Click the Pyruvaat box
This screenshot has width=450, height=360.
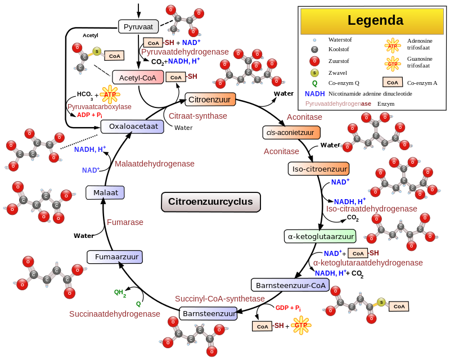point(138,26)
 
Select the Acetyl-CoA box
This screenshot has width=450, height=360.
point(138,78)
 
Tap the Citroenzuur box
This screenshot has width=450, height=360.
point(210,100)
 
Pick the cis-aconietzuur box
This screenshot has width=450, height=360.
point(291,132)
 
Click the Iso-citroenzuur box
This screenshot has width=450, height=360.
point(318,169)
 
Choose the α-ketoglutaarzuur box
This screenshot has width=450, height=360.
point(320,236)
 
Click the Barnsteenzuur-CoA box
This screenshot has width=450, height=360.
point(290,285)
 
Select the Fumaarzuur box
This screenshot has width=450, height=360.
point(115,256)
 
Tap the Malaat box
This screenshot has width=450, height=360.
point(105,192)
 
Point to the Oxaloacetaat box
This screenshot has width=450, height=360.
point(132,127)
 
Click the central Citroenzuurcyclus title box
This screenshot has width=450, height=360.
point(210,202)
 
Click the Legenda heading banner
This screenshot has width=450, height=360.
point(372,21)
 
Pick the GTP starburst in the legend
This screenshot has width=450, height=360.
point(392,64)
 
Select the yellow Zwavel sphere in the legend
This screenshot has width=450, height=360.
point(314,73)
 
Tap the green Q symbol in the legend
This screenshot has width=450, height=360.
point(315,83)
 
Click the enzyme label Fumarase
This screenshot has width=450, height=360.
point(125,222)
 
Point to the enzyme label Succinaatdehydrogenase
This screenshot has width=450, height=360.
point(115,314)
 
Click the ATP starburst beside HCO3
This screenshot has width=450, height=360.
point(110,94)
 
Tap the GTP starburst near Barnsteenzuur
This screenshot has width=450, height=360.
point(301,325)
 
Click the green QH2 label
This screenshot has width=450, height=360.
point(120,292)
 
